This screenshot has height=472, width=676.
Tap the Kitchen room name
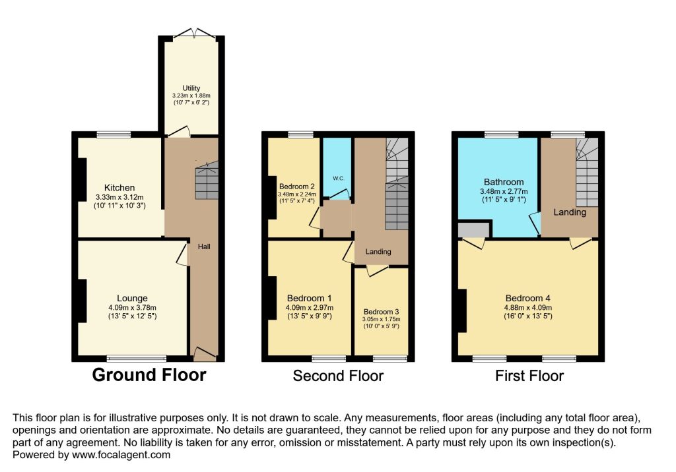(x=119, y=188)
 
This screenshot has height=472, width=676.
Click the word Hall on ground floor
(x=203, y=247)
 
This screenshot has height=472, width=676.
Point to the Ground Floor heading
(x=149, y=375)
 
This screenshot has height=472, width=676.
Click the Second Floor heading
(x=338, y=376)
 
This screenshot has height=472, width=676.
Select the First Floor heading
(x=529, y=376)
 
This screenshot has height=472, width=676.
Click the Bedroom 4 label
(x=529, y=297)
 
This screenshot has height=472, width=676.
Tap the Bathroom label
(x=504, y=182)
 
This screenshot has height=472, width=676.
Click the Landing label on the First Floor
(x=570, y=212)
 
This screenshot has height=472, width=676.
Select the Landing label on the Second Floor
(x=378, y=251)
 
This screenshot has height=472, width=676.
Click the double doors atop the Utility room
(x=191, y=34)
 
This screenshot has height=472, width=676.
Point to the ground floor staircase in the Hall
(x=207, y=182)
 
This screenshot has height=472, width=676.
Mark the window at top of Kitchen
(x=114, y=135)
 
